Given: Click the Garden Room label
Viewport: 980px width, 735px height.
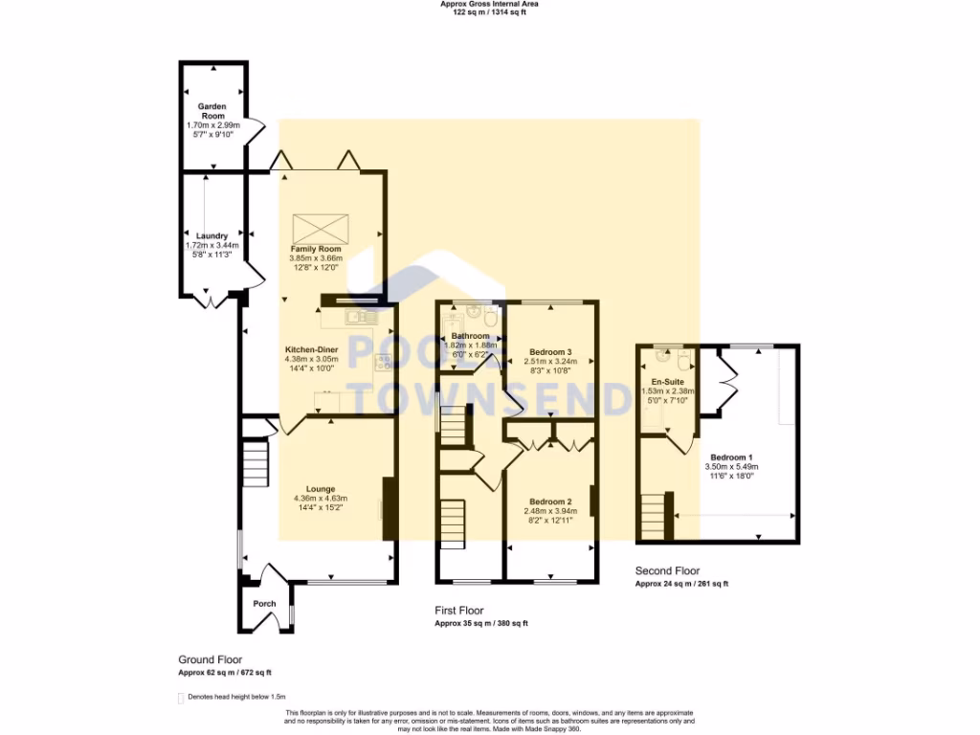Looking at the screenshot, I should tap(212, 110).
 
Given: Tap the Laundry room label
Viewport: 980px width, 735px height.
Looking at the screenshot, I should tap(212, 235).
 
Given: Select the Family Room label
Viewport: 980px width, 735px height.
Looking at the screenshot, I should tap(316, 249).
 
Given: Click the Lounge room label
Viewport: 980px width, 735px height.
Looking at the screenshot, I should tap(321, 489).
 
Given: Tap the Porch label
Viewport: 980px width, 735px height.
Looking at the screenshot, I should tap(264, 604).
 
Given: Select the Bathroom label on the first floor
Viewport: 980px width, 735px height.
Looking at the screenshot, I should tap(471, 336).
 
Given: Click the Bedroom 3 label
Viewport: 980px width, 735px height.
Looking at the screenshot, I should tap(549, 351).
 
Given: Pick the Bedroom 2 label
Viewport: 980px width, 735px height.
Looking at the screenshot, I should tap(549, 501).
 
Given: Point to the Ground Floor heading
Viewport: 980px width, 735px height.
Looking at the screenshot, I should tap(210, 659).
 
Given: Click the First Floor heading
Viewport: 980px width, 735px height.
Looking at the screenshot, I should tap(459, 611).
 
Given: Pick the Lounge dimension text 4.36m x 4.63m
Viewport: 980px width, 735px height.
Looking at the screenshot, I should tap(321, 498).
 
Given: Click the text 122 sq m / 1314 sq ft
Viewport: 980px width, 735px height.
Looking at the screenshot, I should tap(490, 11).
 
